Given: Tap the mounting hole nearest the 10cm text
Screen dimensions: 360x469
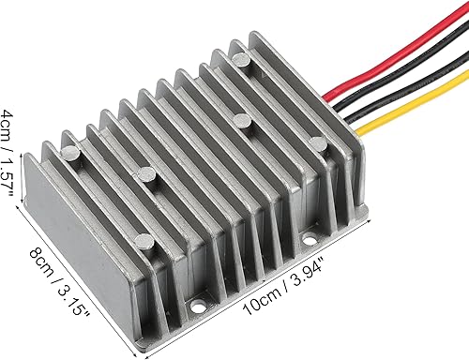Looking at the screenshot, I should click(x=200, y=304).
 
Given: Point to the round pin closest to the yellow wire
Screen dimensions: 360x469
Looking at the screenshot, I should click(x=318, y=143).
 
